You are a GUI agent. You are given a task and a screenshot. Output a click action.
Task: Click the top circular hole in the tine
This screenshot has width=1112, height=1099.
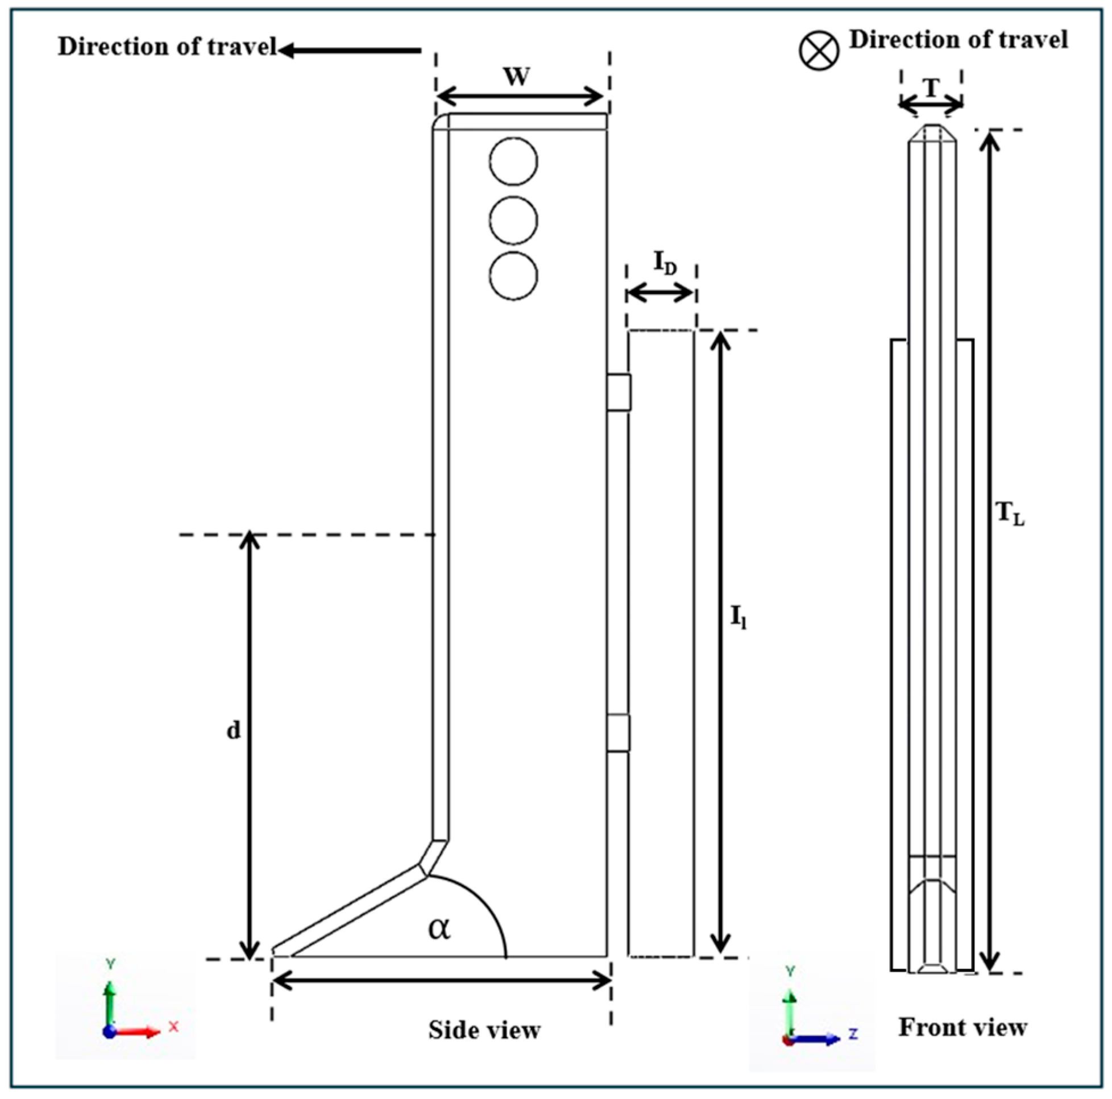point(513,161)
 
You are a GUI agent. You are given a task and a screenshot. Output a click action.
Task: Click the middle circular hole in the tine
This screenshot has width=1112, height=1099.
point(513,221)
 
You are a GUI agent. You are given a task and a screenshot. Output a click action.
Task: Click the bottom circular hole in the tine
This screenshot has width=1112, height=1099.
point(513,275)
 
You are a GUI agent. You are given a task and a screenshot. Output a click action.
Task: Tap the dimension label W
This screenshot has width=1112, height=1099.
point(516,77)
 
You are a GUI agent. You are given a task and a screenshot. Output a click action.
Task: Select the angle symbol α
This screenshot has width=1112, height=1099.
point(439,928)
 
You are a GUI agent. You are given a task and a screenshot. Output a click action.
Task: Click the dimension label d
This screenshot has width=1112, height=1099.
point(233,731)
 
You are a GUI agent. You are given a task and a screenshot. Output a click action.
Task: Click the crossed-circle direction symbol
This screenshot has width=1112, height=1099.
point(819,50)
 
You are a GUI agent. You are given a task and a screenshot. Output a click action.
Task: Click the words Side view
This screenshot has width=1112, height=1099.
point(484,1030)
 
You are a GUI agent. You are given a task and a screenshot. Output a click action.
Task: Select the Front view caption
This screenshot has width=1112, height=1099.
point(962,1027)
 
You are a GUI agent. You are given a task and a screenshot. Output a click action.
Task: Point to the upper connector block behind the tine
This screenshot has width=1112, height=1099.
point(619,392)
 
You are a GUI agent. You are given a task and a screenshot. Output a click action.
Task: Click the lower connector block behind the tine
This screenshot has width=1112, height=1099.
point(618,733)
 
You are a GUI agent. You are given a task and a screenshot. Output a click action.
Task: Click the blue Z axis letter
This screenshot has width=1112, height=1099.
point(853,1034)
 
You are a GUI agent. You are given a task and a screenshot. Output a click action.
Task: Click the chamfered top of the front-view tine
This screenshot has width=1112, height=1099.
point(932,133)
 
